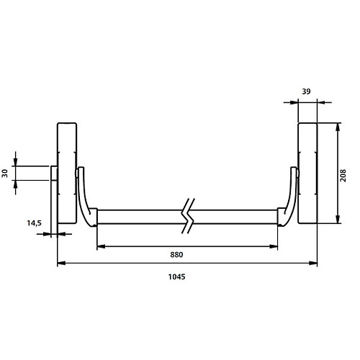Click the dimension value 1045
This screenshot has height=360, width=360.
click(176, 276)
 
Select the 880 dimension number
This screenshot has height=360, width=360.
click(176, 255)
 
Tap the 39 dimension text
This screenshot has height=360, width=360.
click(306, 91)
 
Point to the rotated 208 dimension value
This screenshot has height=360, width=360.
click(343, 176)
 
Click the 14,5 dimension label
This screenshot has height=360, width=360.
click(34, 223)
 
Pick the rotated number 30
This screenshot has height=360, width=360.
click(5, 174)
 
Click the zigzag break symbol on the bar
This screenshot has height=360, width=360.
click(188, 216)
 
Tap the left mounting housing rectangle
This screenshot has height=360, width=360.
click(67, 174)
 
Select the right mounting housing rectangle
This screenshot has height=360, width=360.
click(307, 174)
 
